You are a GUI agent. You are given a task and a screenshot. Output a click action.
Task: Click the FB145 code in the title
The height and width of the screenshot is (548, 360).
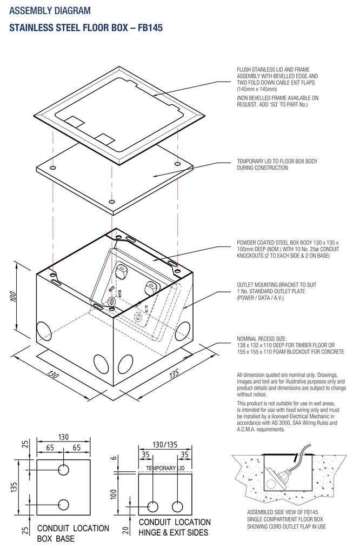[148, 26]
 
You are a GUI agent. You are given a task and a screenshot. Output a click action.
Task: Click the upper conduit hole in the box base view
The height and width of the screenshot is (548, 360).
[64, 470]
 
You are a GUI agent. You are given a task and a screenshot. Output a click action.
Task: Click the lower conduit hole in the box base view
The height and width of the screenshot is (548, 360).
[64, 505]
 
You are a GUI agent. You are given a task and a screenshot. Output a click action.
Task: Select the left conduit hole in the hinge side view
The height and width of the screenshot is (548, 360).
[154, 506]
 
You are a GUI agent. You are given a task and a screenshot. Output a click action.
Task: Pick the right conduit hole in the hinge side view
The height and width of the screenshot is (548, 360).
[177, 506]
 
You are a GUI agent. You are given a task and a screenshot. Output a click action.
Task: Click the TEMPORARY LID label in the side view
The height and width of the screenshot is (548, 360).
[165, 468]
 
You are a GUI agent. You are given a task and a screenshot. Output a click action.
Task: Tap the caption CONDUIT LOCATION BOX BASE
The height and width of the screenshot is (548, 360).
[72, 533]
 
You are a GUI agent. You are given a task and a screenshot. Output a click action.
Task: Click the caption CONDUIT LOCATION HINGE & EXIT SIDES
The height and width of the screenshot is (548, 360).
[175, 527]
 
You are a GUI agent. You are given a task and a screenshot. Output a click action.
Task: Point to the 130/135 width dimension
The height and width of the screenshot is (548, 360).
[165, 444]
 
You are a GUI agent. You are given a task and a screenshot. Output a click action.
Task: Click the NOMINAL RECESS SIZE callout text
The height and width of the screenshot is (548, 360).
[290, 345]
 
